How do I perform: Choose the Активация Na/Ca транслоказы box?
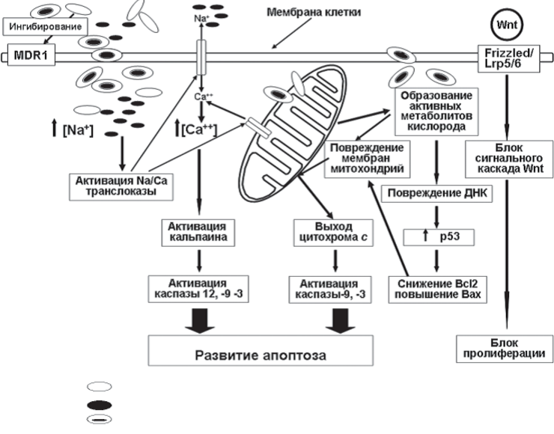(x=121, y=186)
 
